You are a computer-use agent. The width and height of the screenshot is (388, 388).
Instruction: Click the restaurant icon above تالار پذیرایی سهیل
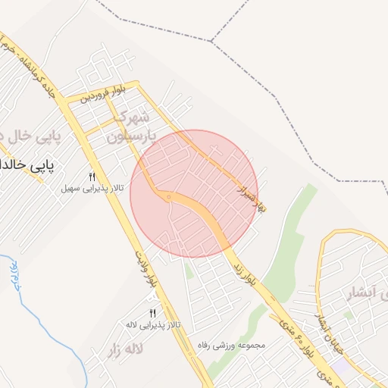92,177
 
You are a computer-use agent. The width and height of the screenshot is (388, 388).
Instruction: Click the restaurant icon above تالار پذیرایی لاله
153,314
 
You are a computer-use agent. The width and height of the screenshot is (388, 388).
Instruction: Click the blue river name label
12,276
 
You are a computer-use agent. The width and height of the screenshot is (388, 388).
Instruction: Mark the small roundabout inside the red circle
167,198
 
